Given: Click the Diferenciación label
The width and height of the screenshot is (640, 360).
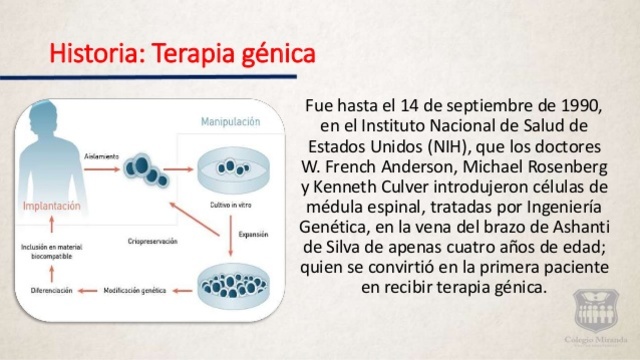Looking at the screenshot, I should pos(48,289).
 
